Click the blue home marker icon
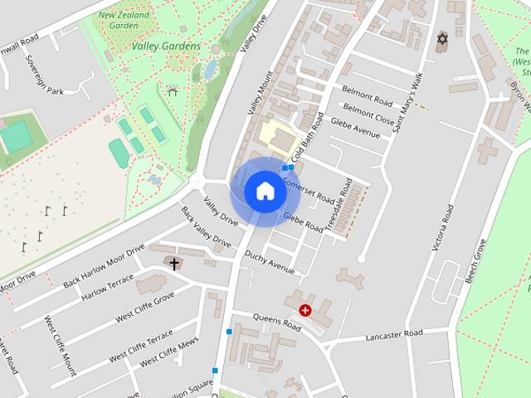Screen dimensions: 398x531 pyautogui.click(x=265, y=191)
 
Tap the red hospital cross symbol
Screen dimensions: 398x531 pyautogui.click(x=305, y=311)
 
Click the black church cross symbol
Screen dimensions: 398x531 pyautogui.click(x=173, y=264)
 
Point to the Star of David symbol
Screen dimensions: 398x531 pyautogui.click(x=441, y=39)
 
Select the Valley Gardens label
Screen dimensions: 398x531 pyautogui.click(x=166, y=46)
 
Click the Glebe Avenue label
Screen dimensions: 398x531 pyautogui.click(x=355, y=126)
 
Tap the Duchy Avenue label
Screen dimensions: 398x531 pyautogui.click(x=270, y=264)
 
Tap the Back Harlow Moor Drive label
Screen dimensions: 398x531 pyautogui.click(x=104, y=266)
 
